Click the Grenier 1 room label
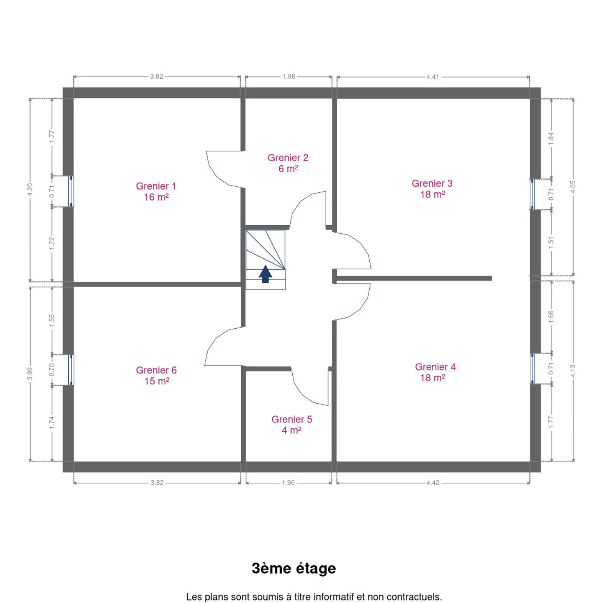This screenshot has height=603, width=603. click(x=156, y=186)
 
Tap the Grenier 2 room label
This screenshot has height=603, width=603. click(x=288, y=158)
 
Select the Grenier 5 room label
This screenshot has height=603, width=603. click(x=291, y=419)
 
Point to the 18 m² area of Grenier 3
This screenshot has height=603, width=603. click(x=433, y=194)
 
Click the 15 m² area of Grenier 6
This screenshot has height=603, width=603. click(x=157, y=381)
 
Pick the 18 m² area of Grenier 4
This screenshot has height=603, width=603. click(x=433, y=378)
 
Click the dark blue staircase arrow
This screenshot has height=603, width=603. click(x=265, y=274)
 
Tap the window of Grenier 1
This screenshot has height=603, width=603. click(x=71, y=191)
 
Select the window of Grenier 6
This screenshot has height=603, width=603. click(x=71, y=370)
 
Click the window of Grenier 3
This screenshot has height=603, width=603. click(x=532, y=194)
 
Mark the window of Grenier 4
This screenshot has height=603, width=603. click(x=532, y=368)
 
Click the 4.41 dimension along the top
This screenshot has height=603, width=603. click(x=433, y=77)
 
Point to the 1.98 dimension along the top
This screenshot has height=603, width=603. click(x=289, y=76)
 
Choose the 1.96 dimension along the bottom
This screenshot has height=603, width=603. click(x=288, y=483)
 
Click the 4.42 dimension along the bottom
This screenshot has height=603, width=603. click(x=433, y=483)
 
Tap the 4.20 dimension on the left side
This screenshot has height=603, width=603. click(x=30, y=190)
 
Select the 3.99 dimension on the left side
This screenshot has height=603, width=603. click(x=30, y=374)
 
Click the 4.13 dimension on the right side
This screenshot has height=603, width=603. click(x=573, y=371)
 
